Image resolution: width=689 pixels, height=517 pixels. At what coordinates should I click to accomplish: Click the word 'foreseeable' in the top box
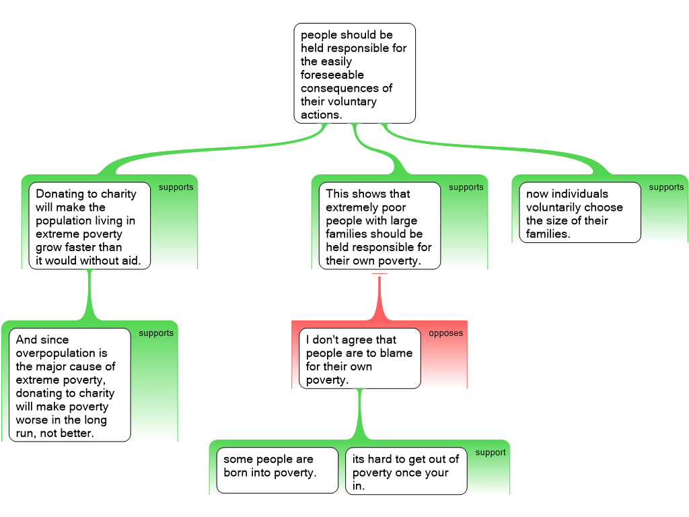click(332, 75)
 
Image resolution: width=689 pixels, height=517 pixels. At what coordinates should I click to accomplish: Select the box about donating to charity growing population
click(89, 226)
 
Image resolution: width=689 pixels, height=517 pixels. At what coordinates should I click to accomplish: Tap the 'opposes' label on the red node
click(445, 333)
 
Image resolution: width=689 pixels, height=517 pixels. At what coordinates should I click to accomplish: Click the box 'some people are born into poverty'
click(277, 470)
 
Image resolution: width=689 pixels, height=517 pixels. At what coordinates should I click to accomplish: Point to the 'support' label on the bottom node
click(490, 452)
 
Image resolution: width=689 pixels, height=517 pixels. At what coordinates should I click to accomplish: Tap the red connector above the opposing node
click(379, 296)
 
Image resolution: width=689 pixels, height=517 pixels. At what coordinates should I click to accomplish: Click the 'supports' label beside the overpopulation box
click(156, 333)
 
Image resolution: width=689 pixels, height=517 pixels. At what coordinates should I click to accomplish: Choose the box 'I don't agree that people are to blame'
click(359, 359)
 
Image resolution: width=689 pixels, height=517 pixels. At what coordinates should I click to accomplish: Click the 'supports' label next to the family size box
click(666, 187)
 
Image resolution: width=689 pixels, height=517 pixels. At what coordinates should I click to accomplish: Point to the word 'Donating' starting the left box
click(58, 194)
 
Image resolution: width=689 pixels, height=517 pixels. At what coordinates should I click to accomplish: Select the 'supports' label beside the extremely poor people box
click(466, 187)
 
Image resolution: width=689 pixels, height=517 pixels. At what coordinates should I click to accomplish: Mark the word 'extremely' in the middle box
click(352, 207)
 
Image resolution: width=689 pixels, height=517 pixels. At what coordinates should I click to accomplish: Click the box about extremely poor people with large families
click(379, 226)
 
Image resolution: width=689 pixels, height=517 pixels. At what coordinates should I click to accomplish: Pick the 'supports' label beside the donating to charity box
click(176, 187)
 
